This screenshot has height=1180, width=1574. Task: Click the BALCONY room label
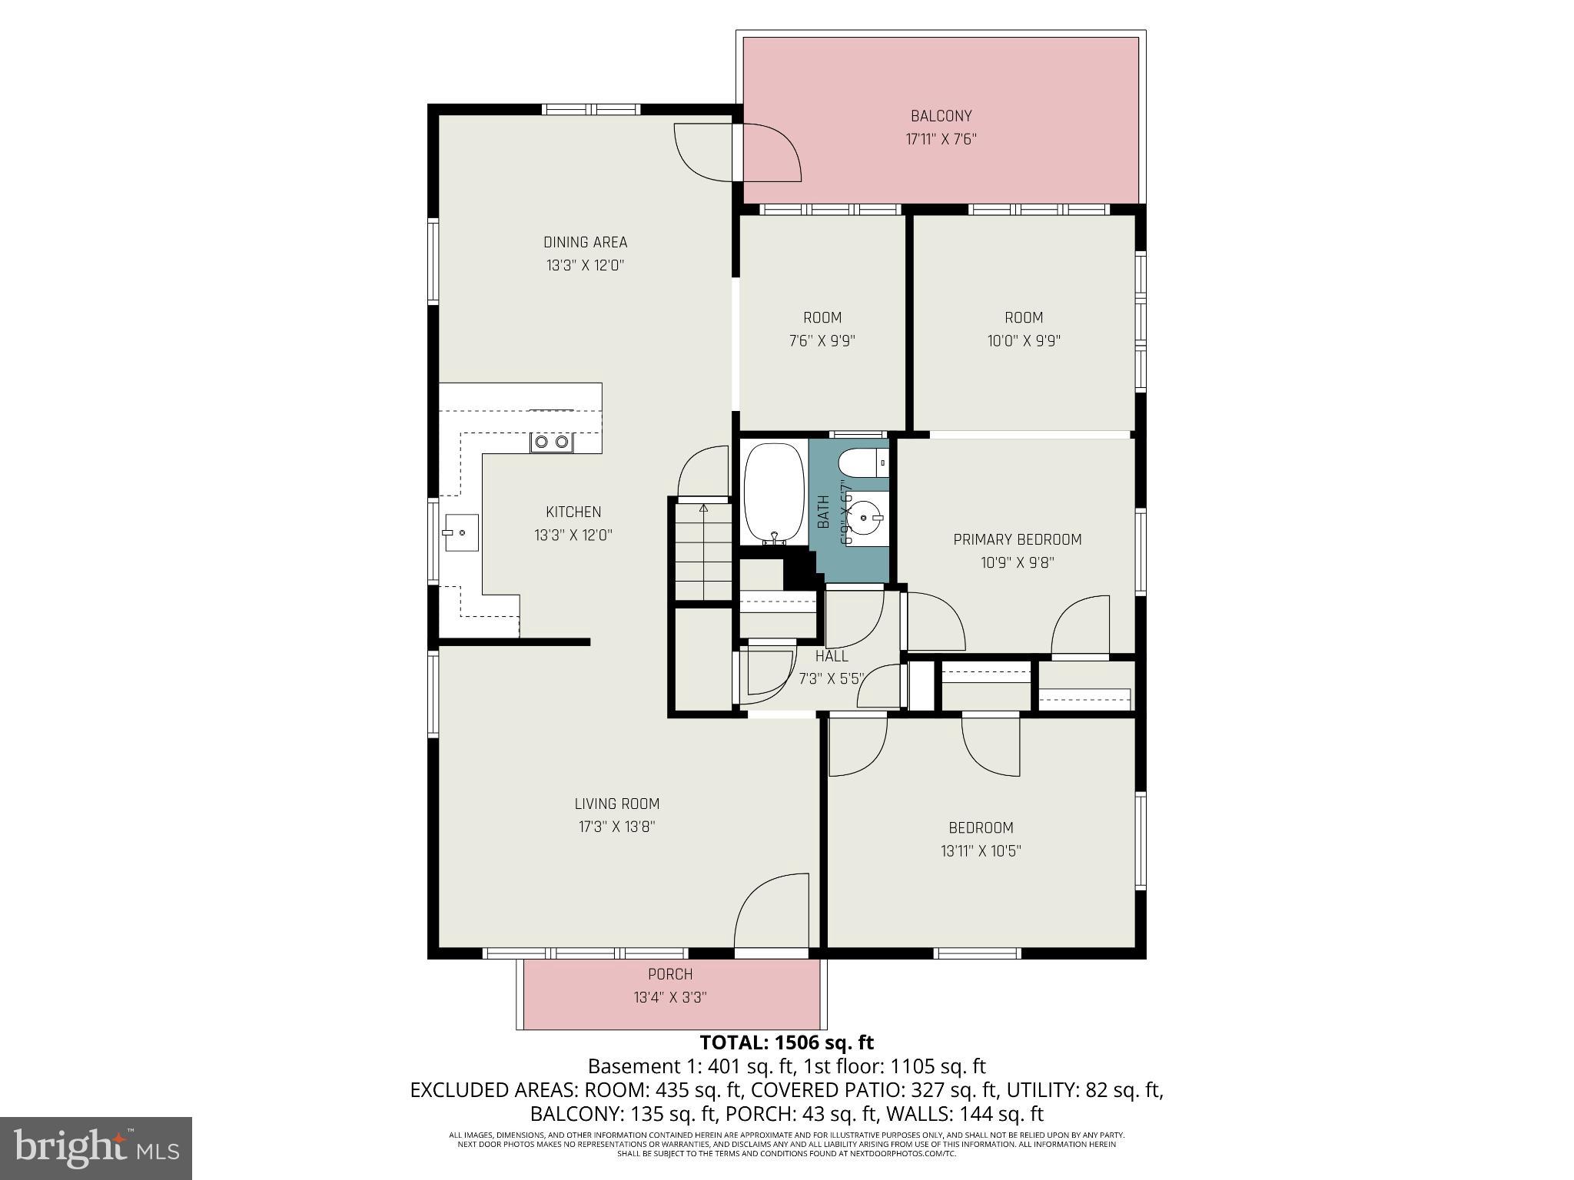(x=941, y=116)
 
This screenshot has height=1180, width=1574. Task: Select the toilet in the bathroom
(x=862, y=463)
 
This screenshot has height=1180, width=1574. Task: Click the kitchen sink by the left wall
(x=460, y=532)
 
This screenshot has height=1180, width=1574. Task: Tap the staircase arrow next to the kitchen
(x=703, y=509)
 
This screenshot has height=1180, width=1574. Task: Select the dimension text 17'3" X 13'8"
(x=616, y=827)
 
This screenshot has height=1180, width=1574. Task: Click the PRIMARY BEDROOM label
(x=1017, y=539)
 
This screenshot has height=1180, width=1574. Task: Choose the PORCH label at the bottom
(x=670, y=974)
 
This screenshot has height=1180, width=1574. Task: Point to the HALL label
(x=832, y=656)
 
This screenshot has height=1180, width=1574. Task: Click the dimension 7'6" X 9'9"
(x=822, y=341)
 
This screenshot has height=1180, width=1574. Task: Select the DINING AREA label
(x=585, y=242)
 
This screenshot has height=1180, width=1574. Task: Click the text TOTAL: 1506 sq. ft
(x=786, y=1042)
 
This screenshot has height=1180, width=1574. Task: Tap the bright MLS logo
(x=96, y=1148)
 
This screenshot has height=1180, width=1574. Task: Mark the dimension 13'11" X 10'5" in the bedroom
(x=981, y=851)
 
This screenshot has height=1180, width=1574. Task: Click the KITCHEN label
(x=573, y=512)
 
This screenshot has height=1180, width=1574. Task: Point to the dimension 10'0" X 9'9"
(x=1024, y=341)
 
